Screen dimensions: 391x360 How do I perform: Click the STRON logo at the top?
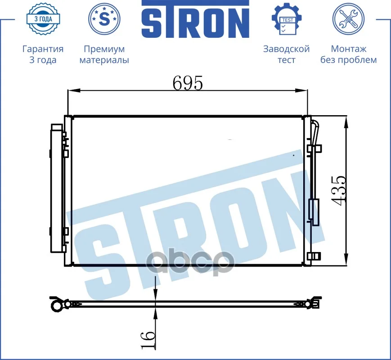point(195,19)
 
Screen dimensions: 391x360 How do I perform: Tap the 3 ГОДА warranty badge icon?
point(43,19)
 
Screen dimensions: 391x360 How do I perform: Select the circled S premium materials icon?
point(104,18)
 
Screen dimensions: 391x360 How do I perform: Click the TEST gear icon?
point(287,19)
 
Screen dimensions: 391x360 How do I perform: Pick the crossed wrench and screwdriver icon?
point(348,19)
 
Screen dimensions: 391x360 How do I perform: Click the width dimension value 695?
point(188,83)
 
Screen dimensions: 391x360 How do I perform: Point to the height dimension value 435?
point(339,191)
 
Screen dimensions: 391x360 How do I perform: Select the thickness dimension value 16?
point(148,340)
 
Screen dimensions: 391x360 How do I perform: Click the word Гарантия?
point(43,49)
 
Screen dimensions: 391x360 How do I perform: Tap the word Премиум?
point(104,49)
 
